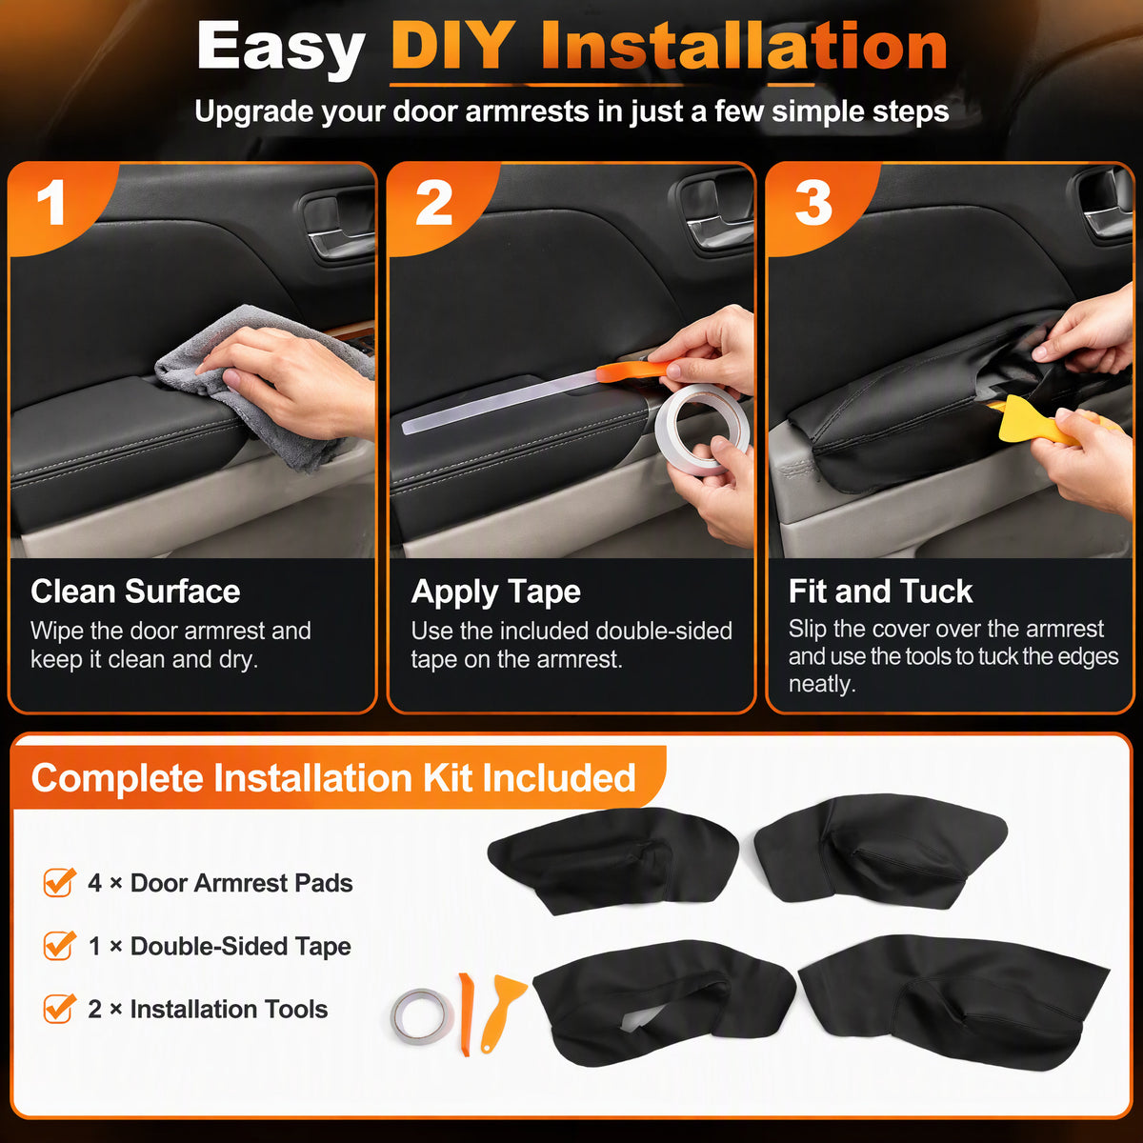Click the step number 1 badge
[x=51, y=203]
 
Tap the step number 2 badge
[x=434, y=203]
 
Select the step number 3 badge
[x=813, y=203]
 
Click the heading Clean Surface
[x=135, y=592]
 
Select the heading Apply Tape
[x=496, y=592]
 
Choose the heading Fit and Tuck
[x=880, y=592]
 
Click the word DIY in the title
[x=453, y=47]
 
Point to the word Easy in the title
[x=281, y=49]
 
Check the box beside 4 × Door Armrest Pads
[x=59, y=882]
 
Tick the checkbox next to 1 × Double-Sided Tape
[x=59, y=946]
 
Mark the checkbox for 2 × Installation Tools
[x=59, y=1009]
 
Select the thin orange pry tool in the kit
[x=466, y=1014]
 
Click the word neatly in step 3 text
[x=821, y=685]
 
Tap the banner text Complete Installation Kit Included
[x=333, y=777]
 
